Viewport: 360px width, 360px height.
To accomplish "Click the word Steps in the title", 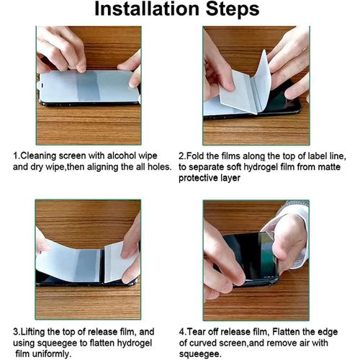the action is [x=233, y=9].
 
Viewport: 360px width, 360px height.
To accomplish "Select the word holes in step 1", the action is [x=158, y=166].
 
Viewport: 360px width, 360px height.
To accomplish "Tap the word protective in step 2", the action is [x=198, y=179].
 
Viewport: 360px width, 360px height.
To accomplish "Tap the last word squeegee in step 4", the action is [x=199, y=354].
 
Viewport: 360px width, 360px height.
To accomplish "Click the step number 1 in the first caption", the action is [x=16, y=156].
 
